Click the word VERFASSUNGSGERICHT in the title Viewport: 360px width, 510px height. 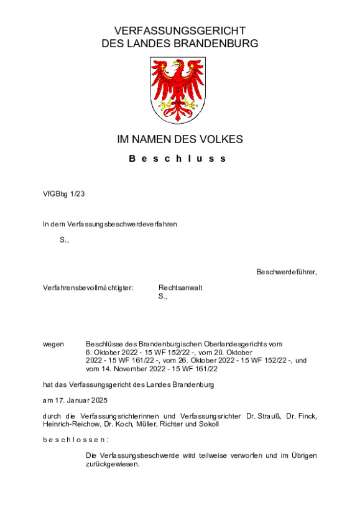click(x=180, y=31)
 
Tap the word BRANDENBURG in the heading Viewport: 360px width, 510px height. click(x=215, y=44)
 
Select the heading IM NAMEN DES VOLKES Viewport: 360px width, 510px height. click(x=180, y=139)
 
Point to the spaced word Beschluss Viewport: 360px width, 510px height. click(x=178, y=159)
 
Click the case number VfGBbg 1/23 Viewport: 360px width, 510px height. click(x=63, y=193)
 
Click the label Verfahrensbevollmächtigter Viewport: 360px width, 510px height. click(x=88, y=288)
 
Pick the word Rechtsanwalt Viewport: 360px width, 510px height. click(x=180, y=288)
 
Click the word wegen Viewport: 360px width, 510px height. click(x=53, y=343)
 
